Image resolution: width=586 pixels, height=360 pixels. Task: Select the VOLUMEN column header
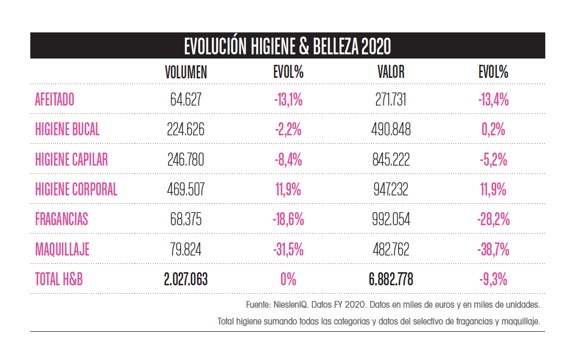(185, 73)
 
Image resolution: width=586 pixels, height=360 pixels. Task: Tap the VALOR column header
(391, 73)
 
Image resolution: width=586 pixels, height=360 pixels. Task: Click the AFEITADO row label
(55, 100)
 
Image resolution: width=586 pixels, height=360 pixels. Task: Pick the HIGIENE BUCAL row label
(67, 130)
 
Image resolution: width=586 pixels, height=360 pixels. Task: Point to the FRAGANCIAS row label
(62, 219)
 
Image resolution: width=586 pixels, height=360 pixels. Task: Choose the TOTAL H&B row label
(59, 280)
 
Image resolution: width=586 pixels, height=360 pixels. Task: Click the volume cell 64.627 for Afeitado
(185, 100)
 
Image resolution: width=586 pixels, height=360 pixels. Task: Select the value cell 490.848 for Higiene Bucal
(391, 130)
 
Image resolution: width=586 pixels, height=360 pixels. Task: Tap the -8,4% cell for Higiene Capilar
(288, 160)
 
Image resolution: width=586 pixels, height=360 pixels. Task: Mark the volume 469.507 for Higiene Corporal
(185, 190)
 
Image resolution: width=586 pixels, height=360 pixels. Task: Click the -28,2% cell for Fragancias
(493, 219)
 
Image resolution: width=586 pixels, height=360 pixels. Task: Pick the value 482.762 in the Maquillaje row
(391, 250)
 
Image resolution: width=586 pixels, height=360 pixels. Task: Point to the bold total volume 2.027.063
(185, 280)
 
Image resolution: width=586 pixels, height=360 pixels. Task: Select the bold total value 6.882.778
(391, 280)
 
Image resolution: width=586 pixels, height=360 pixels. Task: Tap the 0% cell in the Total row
(288, 280)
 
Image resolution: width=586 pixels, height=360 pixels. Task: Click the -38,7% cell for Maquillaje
(493, 250)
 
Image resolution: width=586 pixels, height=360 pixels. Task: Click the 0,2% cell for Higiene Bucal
(493, 130)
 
